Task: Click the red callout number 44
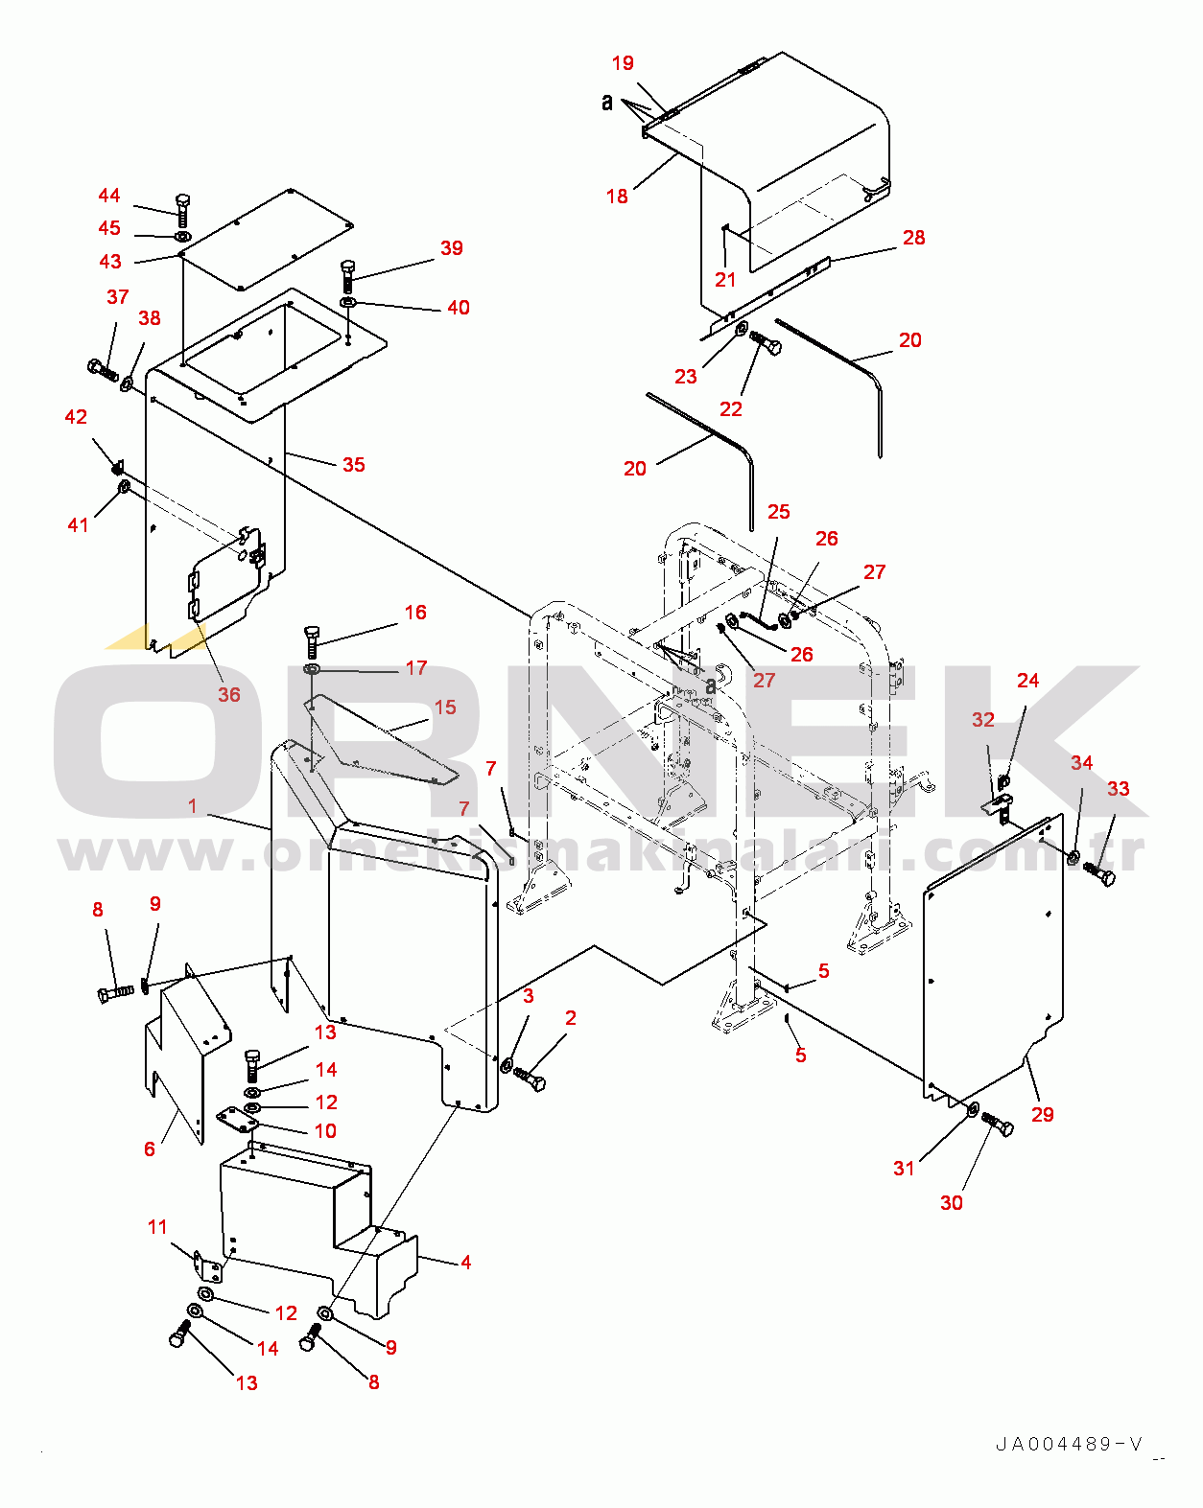(109, 196)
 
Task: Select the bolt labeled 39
(347, 276)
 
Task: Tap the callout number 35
(354, 465)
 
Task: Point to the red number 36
(228, 695)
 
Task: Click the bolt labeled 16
(312, 639)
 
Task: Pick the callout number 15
(445, 708)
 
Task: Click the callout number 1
(193, 806)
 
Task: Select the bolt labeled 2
(530, 1079)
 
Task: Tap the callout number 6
(150, 1148)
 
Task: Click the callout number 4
(466, 1263)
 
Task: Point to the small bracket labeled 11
(208, 1267)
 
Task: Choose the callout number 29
(1043, 1115)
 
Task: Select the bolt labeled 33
(1100, 874)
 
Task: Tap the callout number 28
(914, 238)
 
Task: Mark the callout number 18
(617, 197)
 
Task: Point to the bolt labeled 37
(103, 369)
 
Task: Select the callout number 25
(779, 512)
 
